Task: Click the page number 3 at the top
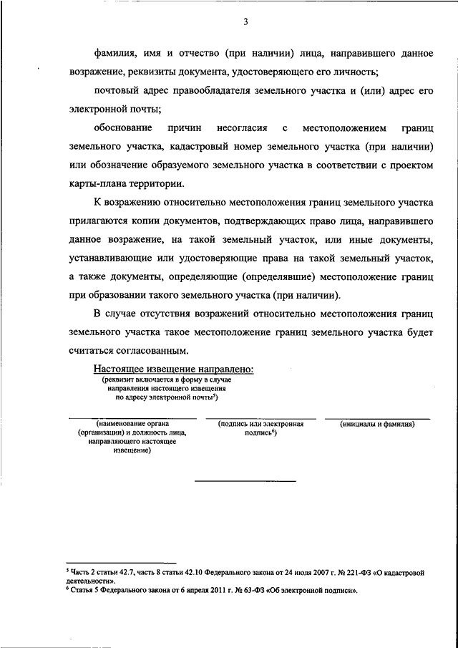coord(245,21)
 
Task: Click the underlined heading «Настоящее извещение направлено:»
coord(173,369)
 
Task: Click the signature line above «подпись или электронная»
coord(260,417)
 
